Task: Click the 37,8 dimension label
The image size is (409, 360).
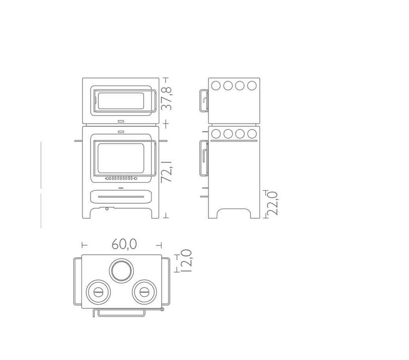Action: point(166,98)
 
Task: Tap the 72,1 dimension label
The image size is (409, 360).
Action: point(166,171)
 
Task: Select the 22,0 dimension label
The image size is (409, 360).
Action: point(273,203)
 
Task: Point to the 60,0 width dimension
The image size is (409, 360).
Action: point(124,244)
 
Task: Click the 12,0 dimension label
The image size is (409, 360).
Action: point(186,261)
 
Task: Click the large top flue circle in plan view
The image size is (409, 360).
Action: point(122,271)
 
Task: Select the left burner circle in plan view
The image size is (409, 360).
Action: point(98,292)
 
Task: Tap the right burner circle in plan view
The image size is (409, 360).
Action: point(144,292)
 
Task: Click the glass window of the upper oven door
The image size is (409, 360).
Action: point(121,101)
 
